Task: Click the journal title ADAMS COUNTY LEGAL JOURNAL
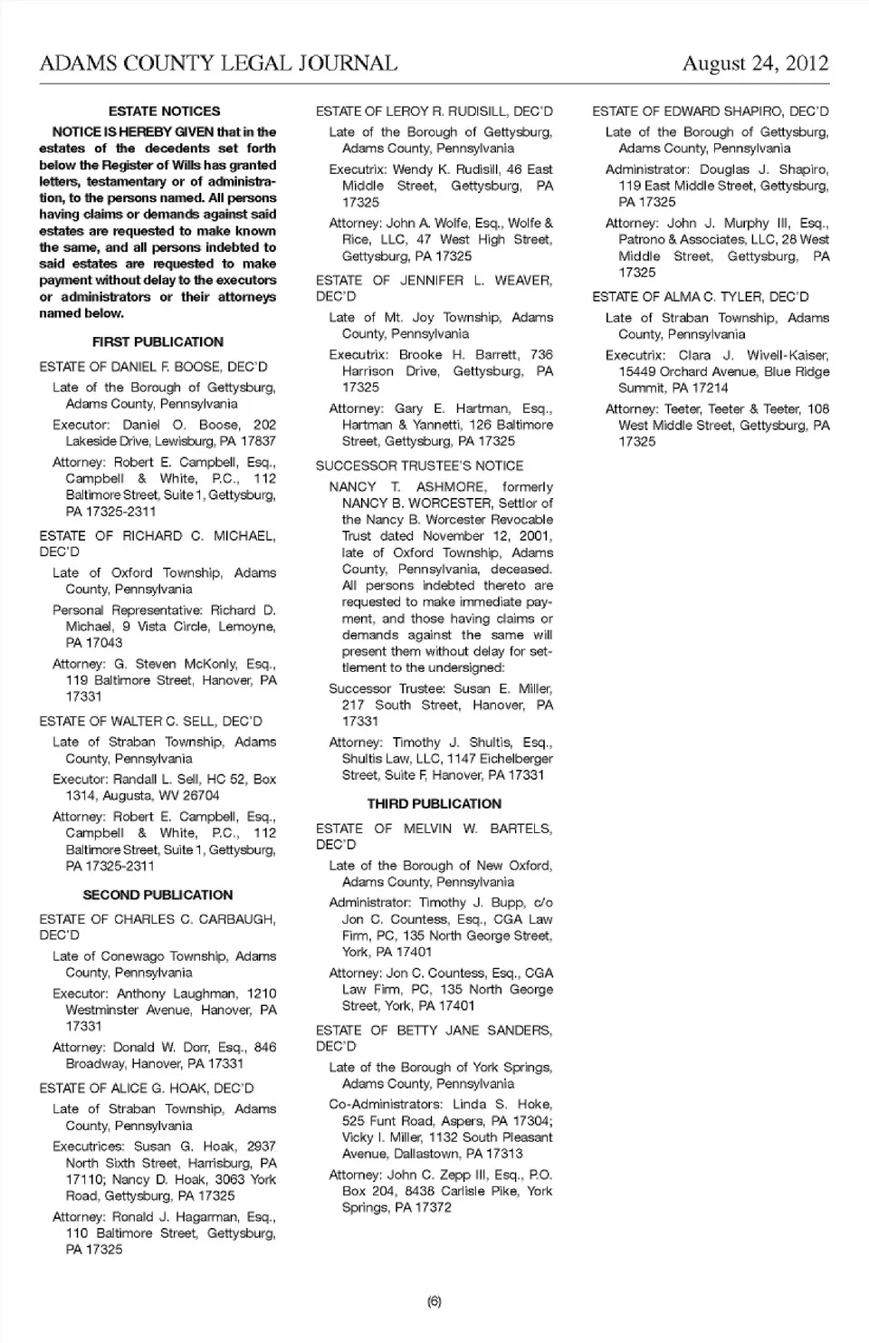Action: click(x=218, y=63)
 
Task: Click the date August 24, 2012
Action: click(x=755, y=63)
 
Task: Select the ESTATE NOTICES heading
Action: click(x=164, y=111)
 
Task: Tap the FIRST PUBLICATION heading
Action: click(x=158, y=342)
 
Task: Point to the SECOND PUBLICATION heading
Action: click(x=158, y=895)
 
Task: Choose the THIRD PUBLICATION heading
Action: click(x=434, y=803)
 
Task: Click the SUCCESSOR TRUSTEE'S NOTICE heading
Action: click(x=419, y=465)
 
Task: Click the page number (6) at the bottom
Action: click(x=434, y=1302)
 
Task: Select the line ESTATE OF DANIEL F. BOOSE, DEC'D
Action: click(x=153, y=367)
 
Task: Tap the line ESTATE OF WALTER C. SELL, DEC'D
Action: click(x=150, y=722)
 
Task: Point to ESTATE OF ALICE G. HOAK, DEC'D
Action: click(x=147, y=1089)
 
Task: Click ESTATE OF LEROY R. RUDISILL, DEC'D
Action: click(x=434, y=111)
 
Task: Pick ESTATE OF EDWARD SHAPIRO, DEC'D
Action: click(x=710, y=111)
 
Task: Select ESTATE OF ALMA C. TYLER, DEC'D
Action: click(x=700, y=297)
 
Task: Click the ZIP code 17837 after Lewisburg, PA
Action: click(x=257, y=441)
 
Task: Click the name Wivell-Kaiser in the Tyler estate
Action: click(x=789, y=355)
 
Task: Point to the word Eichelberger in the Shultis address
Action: click(x=500, y=759)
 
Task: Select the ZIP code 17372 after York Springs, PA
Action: click(x=432, y=1207)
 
